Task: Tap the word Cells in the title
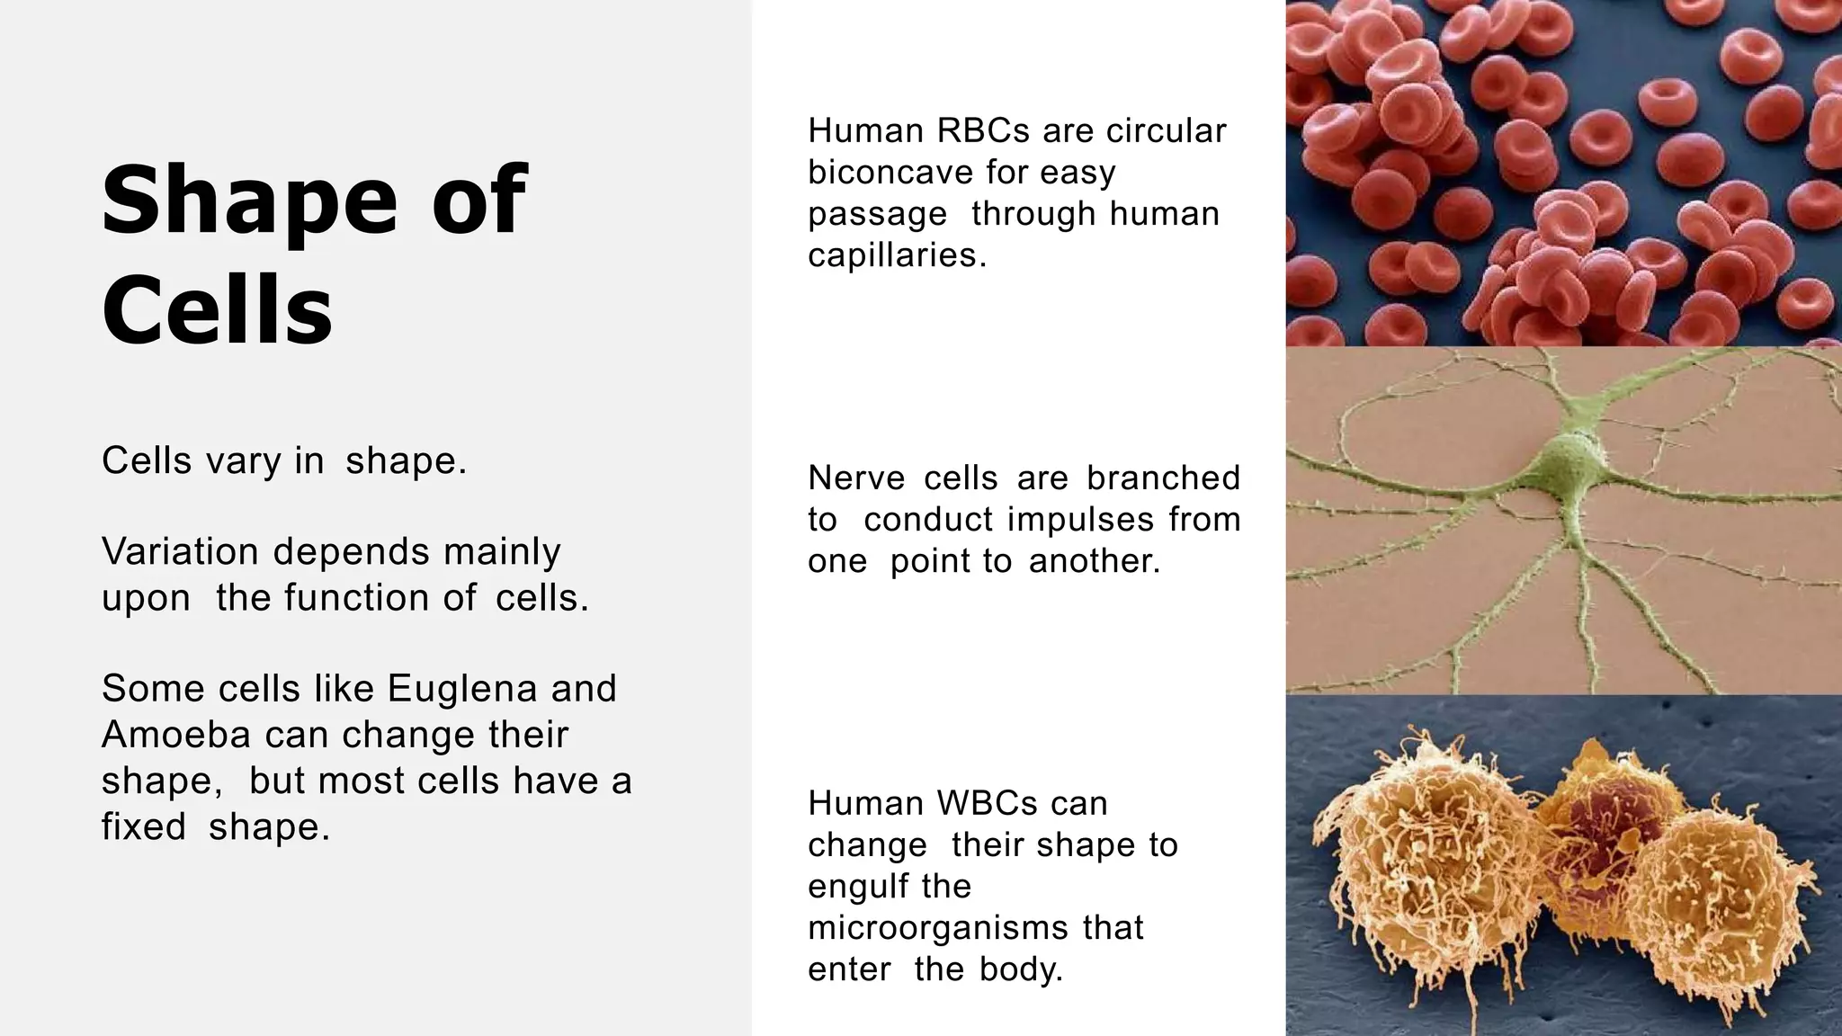(217, 309)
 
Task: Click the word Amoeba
(175, 735)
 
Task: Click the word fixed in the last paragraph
(143, 826)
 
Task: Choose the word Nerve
(856, 478)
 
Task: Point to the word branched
(1163, 478)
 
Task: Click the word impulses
(1080, 520)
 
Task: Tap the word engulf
(851, 887)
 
